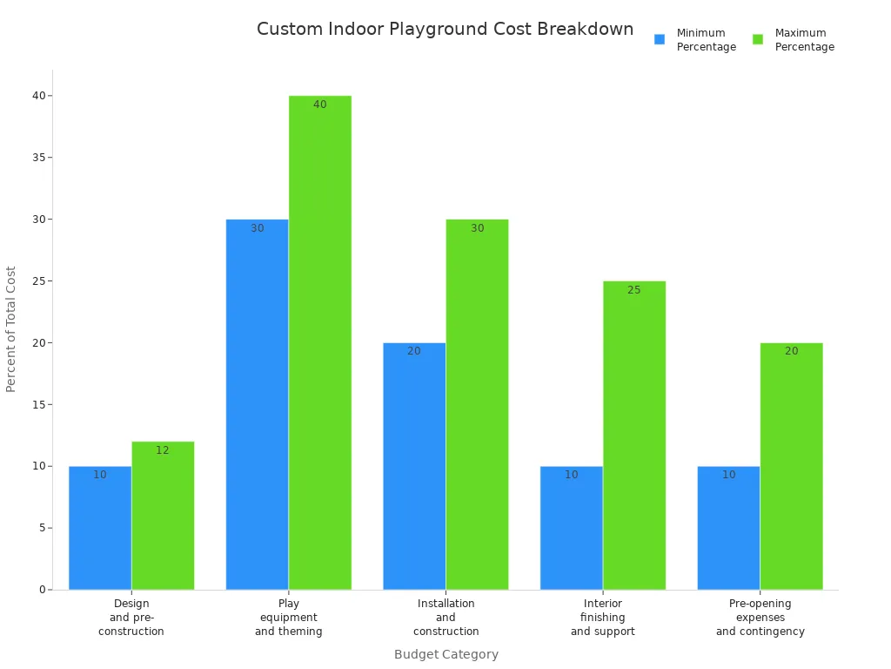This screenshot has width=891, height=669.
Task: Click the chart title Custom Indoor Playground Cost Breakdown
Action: pyautogui.click(x=445, y=29)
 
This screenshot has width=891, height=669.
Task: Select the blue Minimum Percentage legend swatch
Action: pyautogui.click(x=660, y=39)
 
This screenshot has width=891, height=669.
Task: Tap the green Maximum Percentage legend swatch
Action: pyautogui.click(x=758, y=39)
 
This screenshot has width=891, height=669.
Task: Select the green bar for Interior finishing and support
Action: pyautogui.click(x=634, y=436)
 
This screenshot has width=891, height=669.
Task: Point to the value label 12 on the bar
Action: pyautogui.click(x=163, y=450)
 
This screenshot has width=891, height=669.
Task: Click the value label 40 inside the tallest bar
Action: pyautogui.click(x=320, y=105)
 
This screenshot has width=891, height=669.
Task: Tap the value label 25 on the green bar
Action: pyautogui.click(x=634, y=290)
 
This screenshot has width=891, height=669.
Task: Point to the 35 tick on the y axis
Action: pyautogui.click(x=39, y=158)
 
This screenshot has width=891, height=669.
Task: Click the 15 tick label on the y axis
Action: pyautogui.click(x=39, y=404)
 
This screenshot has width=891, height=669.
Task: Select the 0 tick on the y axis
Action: pyautogui.click(x=42, y=590)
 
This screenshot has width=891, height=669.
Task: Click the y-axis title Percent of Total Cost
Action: pyautogui.click(x=11, y=328)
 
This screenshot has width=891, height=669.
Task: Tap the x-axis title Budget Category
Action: pyautogui.click(x=446, y=654)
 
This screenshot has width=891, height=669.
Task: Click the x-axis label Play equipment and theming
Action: pyautogui.click(x=289, y=618)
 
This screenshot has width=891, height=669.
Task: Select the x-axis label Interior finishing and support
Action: pyautogui.click(x=603, y=618)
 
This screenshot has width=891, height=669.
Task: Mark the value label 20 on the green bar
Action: pyautogui.click(x=791, y=351)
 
